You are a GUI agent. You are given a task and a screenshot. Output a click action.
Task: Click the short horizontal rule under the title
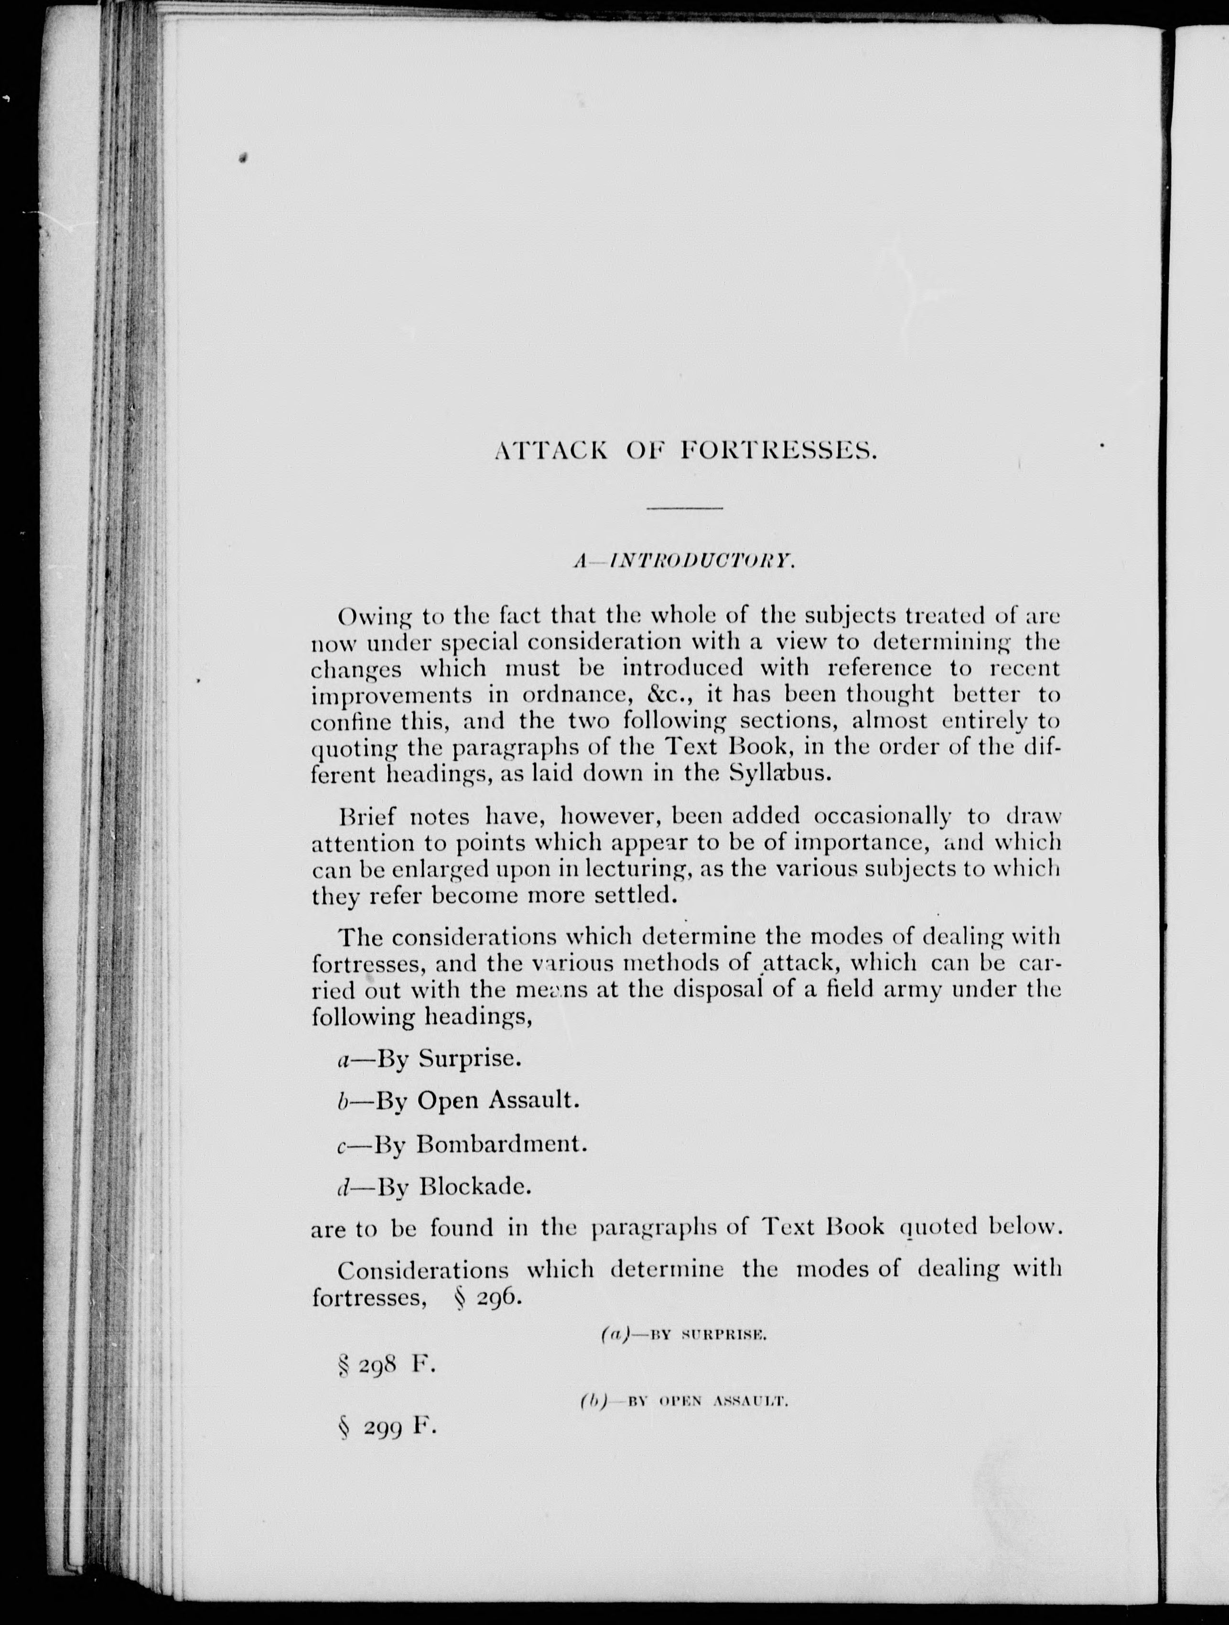pyautogui.click(x=685, y=509)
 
